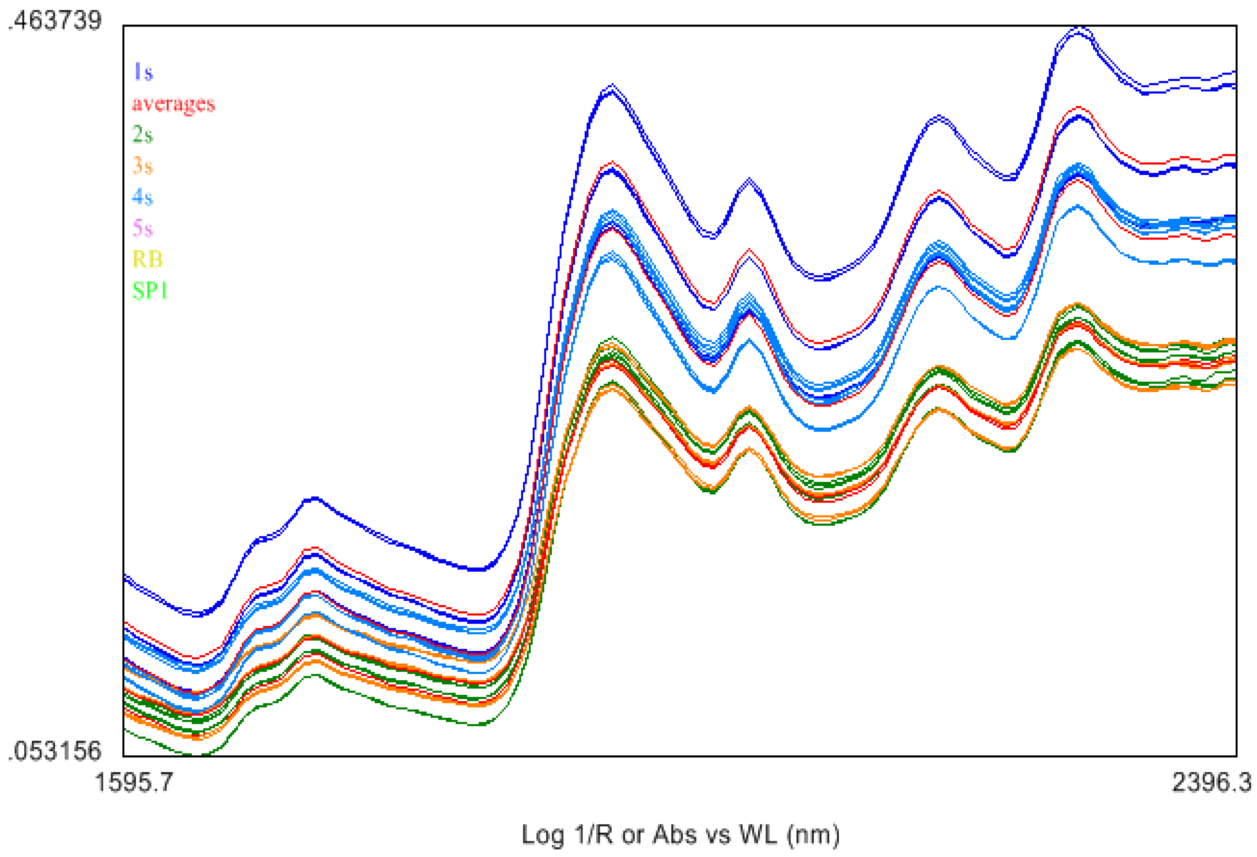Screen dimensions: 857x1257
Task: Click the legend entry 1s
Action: click(143, 72)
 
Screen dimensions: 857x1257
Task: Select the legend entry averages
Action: click(173, 103)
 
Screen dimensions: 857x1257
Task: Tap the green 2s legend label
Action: click(143, 134)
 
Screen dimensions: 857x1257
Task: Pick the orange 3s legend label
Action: click(143, 165)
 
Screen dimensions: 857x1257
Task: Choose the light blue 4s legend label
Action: click(143, 197)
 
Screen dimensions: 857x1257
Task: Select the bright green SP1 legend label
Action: click(150, 291)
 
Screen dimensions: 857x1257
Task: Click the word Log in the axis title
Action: click(542, 835)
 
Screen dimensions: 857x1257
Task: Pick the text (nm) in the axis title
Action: click(813, 835)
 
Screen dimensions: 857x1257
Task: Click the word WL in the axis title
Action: click(758, 835)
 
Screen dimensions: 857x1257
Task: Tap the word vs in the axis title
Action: click(717, 835)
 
